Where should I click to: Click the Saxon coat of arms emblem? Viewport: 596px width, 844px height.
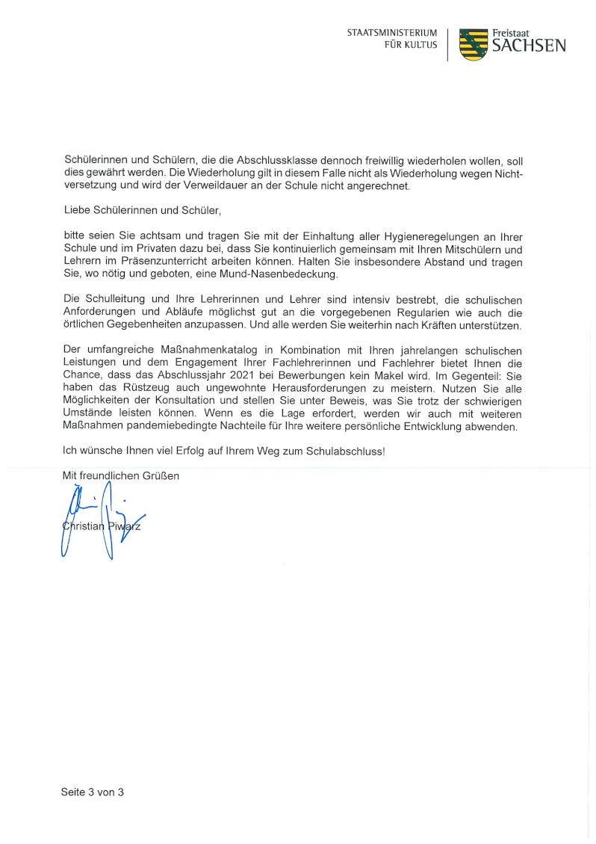tap(472, 44)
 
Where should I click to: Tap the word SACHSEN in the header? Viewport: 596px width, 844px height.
tap(528, 46)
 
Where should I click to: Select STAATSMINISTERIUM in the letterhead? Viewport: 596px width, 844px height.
tap(391, 34)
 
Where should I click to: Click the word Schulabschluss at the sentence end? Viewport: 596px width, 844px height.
tap(347, 451)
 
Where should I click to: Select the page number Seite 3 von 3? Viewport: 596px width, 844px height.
tap(92, 792)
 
